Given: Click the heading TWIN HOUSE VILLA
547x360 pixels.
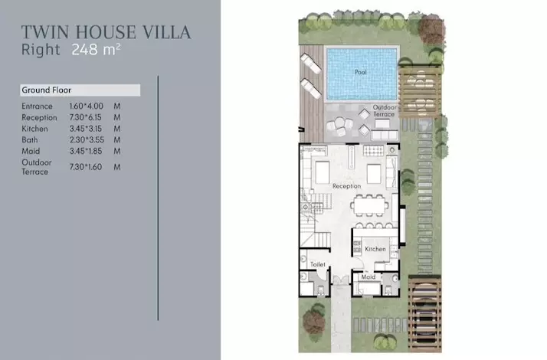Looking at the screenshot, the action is pyautogui.click(x=106, y=32).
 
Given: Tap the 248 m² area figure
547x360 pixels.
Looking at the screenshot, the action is pyautogui.click(x=96, y=49).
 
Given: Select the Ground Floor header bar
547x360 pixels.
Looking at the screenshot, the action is pyautogui.click(x=80, y=90).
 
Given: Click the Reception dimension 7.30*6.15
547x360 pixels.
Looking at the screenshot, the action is pyautogui.click(x=86, y=117).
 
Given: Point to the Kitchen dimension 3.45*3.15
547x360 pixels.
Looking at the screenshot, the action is pyautogui.click(x=86, y=129).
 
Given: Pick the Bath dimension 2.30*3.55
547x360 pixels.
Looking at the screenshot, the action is pyautogui.click(x=87, y=140).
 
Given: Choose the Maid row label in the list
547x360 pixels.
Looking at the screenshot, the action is pyautogui.click(x=31, y=151).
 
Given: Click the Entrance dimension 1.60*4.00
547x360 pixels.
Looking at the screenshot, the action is pyautogui.click(x=86, y=106).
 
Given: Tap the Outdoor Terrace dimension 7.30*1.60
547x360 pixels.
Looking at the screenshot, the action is pyautogui.click(x=86, y=167).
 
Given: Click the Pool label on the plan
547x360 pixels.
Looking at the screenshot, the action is pyautogui.click(x=361, y=72).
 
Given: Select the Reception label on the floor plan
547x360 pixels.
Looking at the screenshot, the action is pyautogui.click(x=346, y=186).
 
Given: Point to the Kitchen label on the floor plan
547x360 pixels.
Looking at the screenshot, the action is pyautogui.click(x=375, y=249).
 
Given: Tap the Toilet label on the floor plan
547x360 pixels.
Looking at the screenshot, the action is pyautogui.click(x=317, y=264).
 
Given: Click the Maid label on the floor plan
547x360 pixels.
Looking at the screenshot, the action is pyautogui.click(x=368, y=277).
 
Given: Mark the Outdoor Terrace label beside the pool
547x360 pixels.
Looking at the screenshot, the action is pyautogui.click(x=385, y=110).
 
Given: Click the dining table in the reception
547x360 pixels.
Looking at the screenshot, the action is pyautogui.click(x=369, y=206).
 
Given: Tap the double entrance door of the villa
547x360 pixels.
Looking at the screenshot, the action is pyautogui.click(x=341, y=280).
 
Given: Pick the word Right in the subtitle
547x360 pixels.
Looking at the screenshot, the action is pyautogui.click(x=41, y=50).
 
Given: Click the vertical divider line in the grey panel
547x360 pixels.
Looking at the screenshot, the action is pyautogui.click(x=158, y=198).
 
